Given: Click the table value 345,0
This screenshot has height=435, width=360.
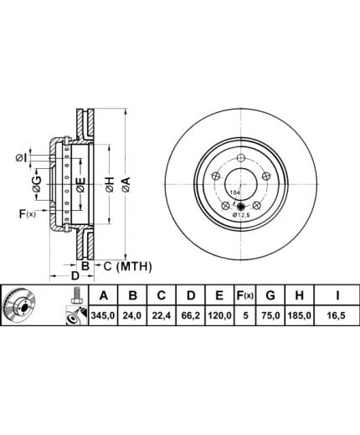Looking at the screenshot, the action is [x=103, y=315].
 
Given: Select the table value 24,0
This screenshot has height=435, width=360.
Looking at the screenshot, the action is [x=132, y=315].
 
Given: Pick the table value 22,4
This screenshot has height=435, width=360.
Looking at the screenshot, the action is [x=162, y=315].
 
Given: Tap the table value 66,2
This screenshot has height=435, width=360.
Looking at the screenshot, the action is [x=191, y=315].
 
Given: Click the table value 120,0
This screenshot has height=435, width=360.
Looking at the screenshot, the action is [x=219, y=315].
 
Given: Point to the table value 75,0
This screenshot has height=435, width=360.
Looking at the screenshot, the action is [x=270, y=315].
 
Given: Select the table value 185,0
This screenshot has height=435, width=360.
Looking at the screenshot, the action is [x=299, y=315].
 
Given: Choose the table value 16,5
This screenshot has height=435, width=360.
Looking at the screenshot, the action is [x=337, y=315].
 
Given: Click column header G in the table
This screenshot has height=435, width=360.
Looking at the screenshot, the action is [x=270, y=295].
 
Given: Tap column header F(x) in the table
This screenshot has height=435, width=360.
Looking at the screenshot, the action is [x=244, y=295].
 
